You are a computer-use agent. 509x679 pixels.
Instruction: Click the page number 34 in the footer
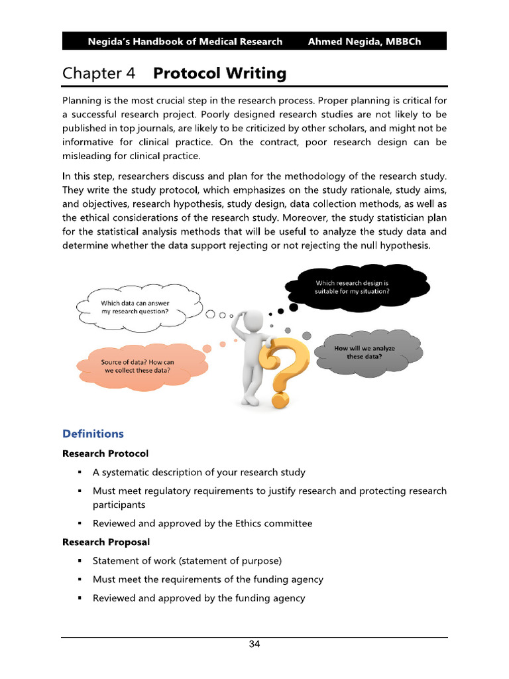254,645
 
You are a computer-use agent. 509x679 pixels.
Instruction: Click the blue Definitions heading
93,434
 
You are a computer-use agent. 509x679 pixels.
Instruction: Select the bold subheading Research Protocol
105,454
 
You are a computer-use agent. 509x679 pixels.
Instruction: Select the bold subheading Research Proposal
106,542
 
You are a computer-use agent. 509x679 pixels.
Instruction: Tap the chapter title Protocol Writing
220,74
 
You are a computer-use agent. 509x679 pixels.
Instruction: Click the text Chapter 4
99,74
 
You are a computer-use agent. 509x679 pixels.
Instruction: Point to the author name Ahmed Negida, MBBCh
364,42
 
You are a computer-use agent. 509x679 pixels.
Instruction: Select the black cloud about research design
357,287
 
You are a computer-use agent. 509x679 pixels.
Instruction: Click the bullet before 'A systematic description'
80,473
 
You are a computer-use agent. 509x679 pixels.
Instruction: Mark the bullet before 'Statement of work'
80,561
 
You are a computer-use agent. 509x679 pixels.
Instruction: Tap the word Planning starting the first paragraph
84,101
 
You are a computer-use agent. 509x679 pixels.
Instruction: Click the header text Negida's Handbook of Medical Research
185,42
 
